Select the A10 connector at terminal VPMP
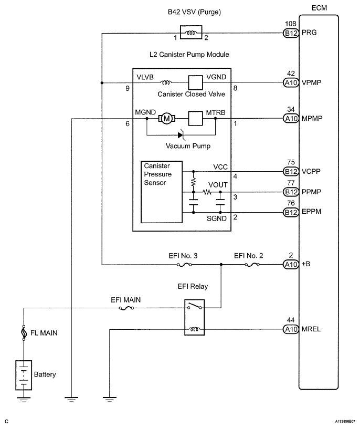290,83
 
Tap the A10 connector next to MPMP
290,118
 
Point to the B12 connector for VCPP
290,171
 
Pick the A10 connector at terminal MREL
290,330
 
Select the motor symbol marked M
166,119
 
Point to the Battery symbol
24,375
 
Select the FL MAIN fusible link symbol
24,332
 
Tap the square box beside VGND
196,83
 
